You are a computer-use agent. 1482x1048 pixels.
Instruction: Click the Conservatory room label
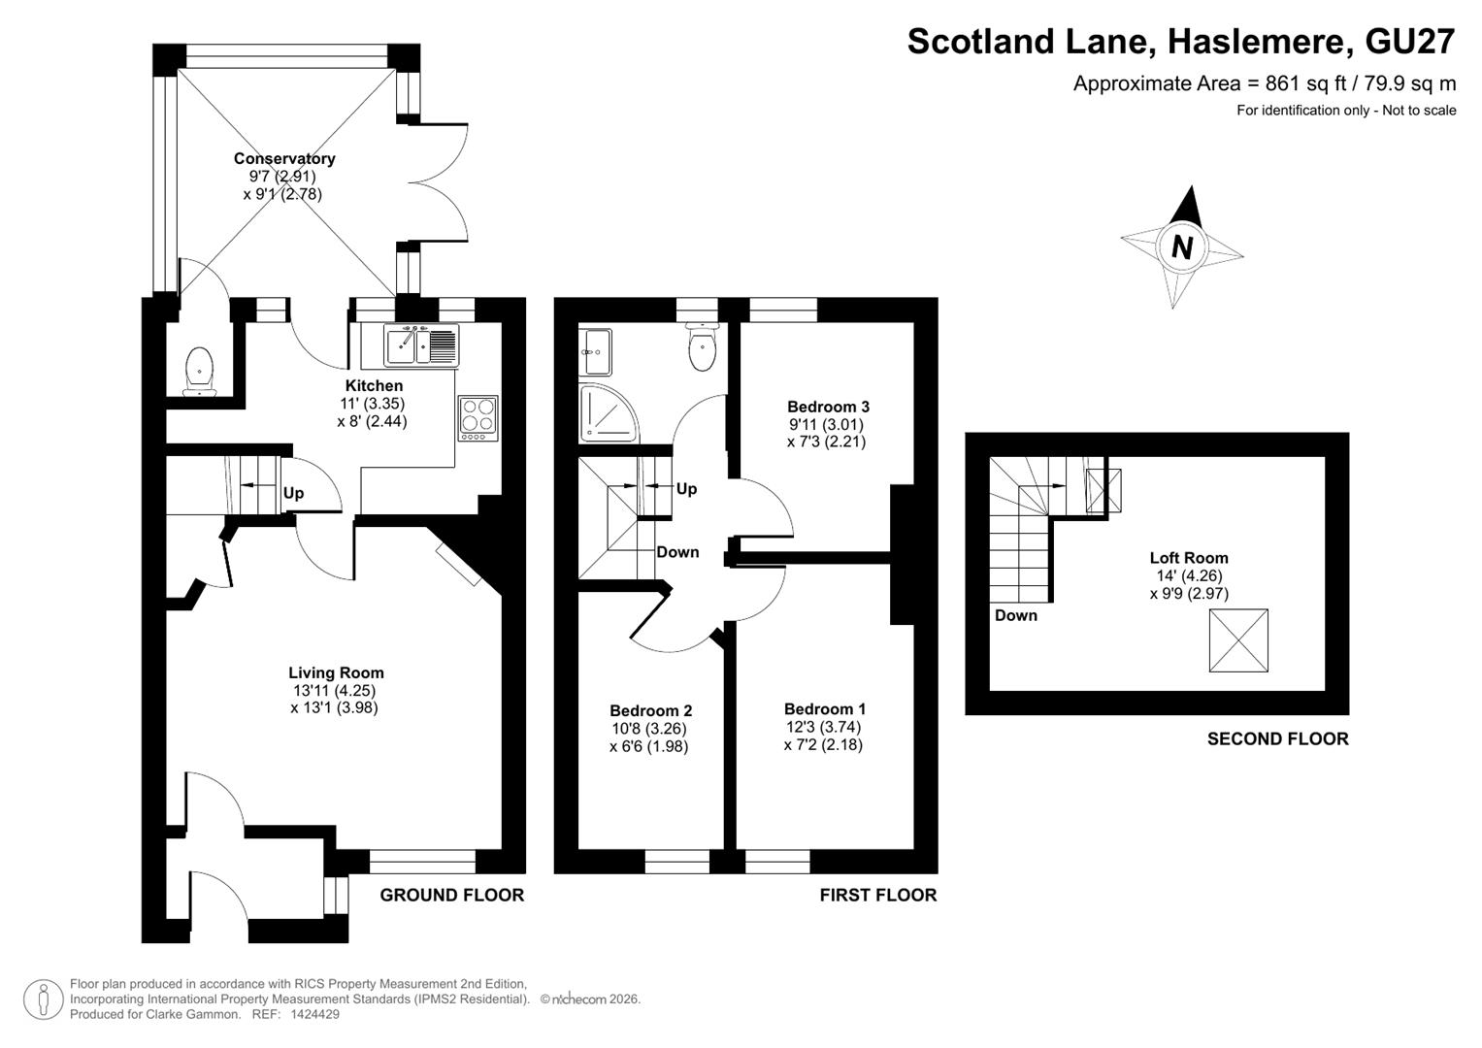[x=284, y=159]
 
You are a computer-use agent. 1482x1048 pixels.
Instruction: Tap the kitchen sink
[x=421, y=344]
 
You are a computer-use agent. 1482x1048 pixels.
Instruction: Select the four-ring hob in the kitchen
[x=478, y=418]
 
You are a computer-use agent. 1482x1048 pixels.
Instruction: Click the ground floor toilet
[x=199, y=372]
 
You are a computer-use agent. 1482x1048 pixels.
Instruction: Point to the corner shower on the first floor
[x=609, y=413]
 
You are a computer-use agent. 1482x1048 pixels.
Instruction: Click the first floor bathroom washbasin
[x=595, y=352]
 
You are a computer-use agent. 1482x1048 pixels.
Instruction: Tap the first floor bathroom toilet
[x=702, y=346]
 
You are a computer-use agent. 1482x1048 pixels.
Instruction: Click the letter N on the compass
[x=1182, y=247]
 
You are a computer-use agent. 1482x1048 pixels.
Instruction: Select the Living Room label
[x=336, y=672]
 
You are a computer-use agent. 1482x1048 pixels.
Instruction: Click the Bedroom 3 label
[x=828, y=407]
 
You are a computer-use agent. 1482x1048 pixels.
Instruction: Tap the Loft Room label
[x=1189, y=558]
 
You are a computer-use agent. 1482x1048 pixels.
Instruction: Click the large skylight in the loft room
[x=1238, y=640]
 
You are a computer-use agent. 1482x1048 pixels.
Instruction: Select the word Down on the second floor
[x=1015, y=615]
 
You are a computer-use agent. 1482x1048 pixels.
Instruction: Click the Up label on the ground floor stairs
[x=293, y=494]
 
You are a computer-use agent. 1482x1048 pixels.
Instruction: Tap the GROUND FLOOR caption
[x=452, y=895]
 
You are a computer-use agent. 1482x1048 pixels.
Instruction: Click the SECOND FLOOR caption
[x=1277, y=739]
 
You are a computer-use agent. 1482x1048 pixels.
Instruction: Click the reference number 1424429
[x=314, y=1014]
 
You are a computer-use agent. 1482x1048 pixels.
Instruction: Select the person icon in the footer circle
[x=44, y=999]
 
